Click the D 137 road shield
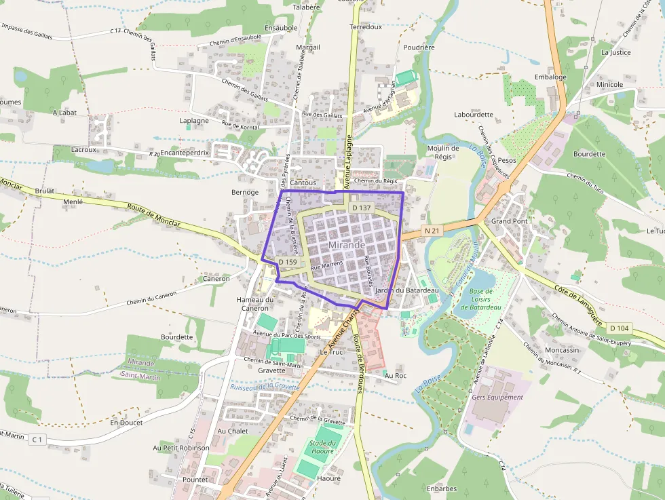[361, 208]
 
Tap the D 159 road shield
[288, 261]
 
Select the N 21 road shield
[432, 231]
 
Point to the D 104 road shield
[620, 328]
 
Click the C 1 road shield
[37, 440]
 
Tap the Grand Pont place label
[509, 221]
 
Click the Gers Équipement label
[497, 397]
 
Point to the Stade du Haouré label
[322, 446]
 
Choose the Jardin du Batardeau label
[407, 290]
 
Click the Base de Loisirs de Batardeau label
[480, 299]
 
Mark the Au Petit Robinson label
[181, 448]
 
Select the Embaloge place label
[550, 77]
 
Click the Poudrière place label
[419, 47]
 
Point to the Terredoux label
[366, 27]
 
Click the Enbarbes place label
[442, 488]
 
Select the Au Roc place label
[395, 375]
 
